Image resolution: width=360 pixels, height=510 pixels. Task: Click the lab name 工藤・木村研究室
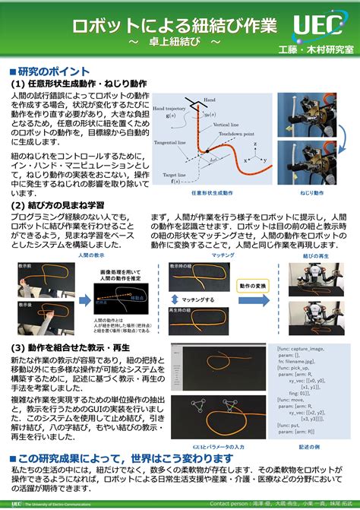(x=317, y=49)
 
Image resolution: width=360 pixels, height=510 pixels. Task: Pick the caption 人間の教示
(x=94, y=255)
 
